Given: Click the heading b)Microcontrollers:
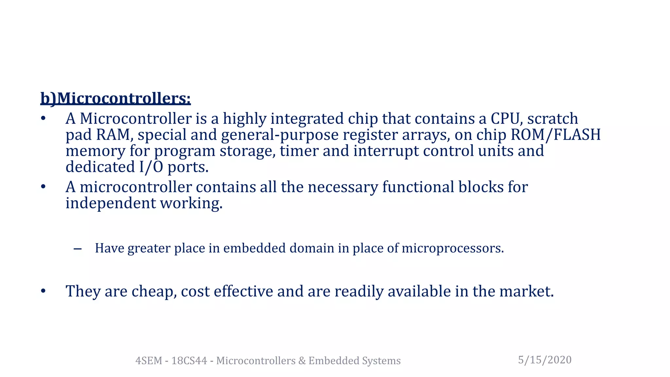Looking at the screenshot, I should [x=115, y=98].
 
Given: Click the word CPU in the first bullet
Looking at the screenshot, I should [x=505, y=118].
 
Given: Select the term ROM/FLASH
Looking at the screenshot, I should [x=555, y=135].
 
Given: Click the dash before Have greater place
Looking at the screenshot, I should [x=78, y=249].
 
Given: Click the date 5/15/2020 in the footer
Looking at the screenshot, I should [x=545, y=360].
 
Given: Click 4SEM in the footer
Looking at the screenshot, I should [x=149, y=361].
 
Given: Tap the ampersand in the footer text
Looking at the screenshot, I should [x=301, y=361].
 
